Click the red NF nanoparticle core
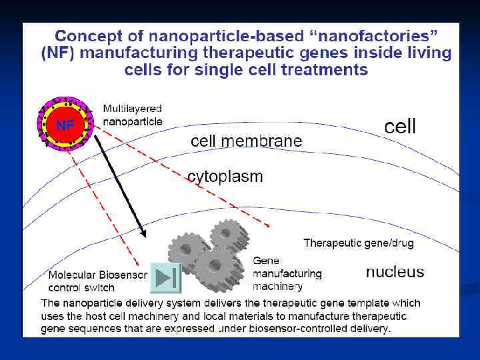(65, 125)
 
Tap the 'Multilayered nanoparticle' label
(132, 115)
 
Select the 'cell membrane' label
(246, 141)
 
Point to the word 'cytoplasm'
(225, 177)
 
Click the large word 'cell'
(400, 127)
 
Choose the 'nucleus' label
(395, 272)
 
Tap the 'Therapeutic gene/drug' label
(359, 243)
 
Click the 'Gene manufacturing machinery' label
(287, 273)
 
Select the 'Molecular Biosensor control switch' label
(97, 281)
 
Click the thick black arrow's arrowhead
(142, 233)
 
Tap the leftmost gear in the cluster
(183, 251)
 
